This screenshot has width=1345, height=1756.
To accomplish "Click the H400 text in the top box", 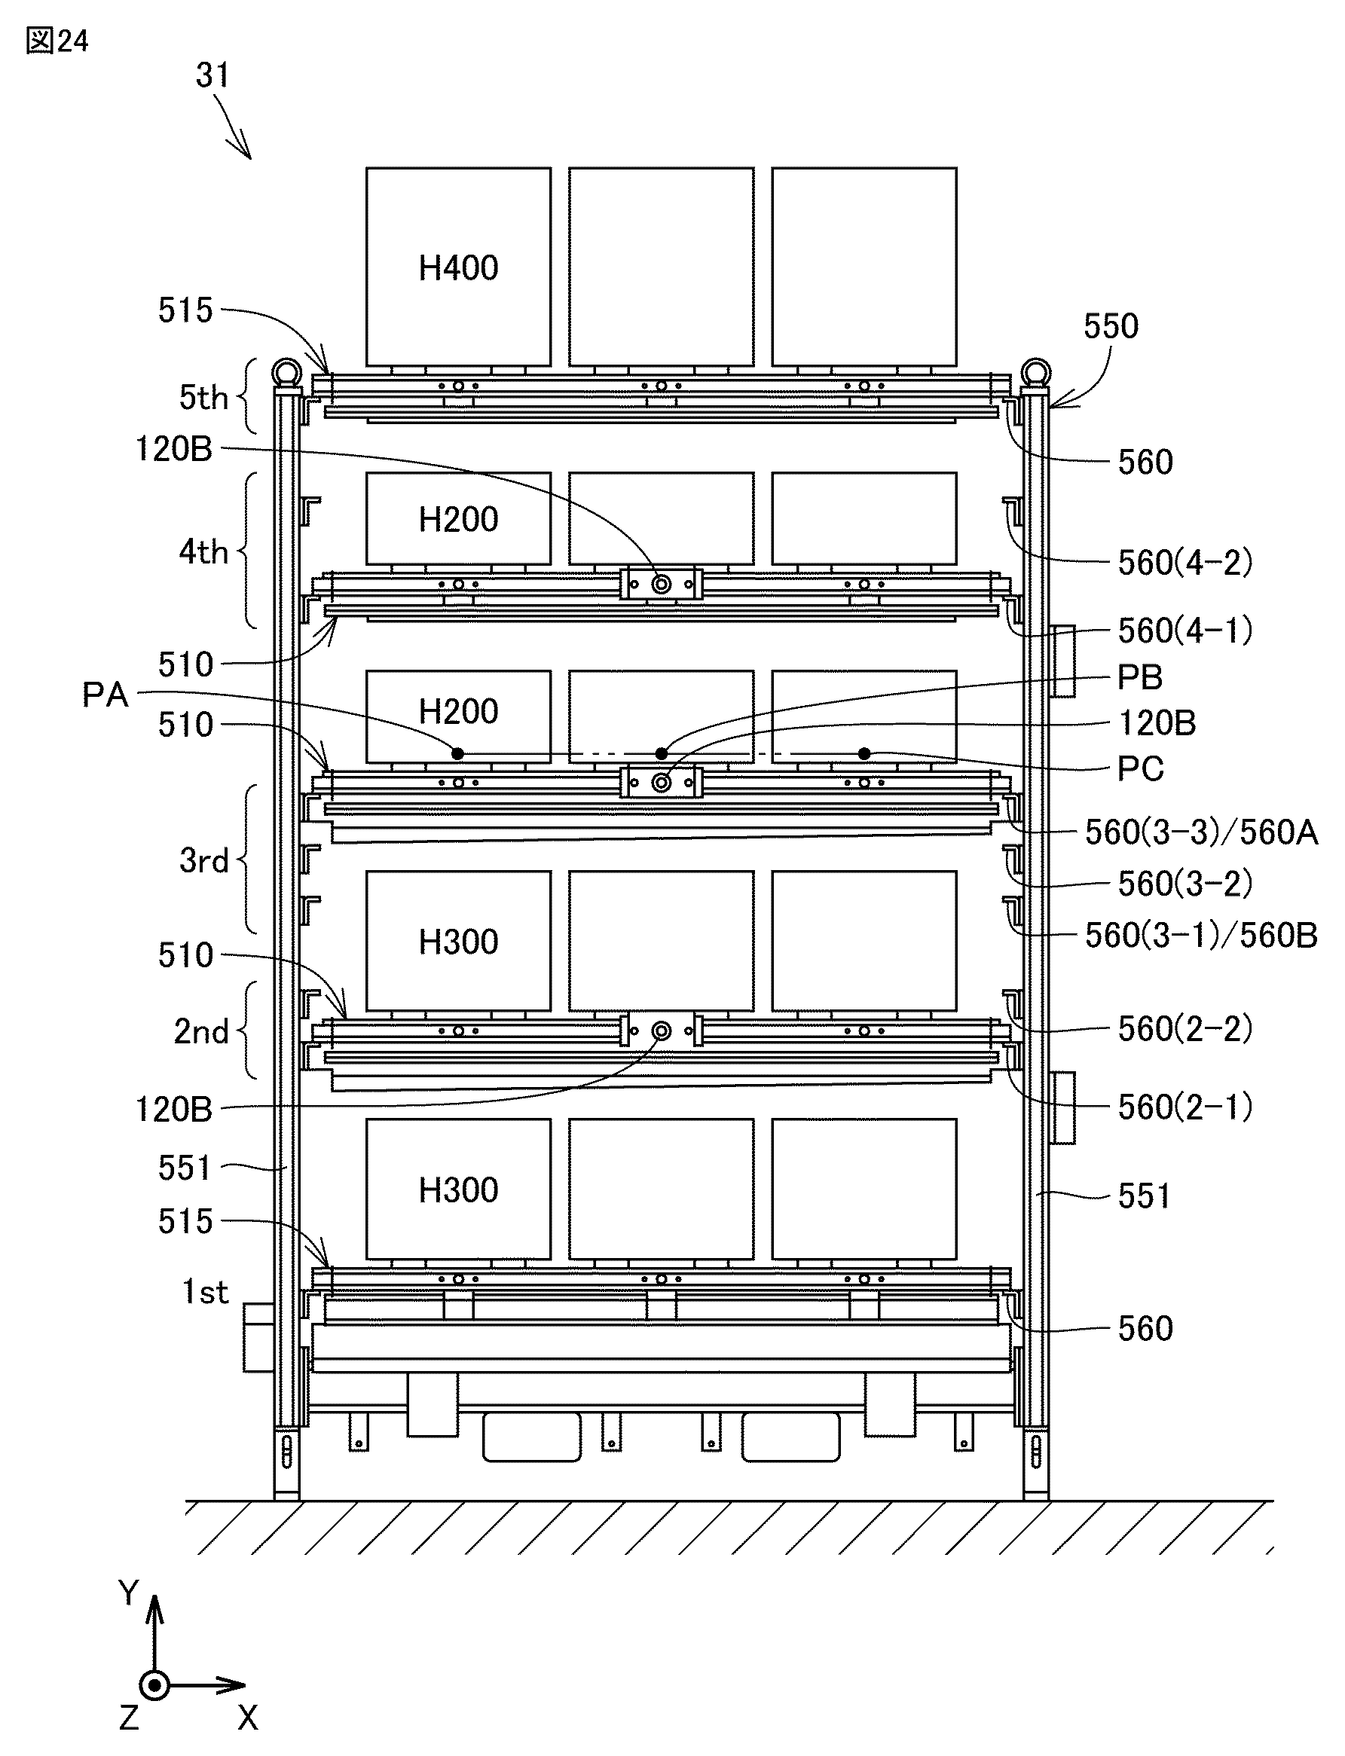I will tap(458, 268).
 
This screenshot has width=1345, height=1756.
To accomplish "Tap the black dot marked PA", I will tap(457, 753).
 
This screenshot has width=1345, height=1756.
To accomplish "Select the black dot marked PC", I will tap(864, 753).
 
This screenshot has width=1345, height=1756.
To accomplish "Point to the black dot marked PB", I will tap(662, 753).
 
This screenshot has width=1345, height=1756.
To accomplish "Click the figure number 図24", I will tap(57, 41).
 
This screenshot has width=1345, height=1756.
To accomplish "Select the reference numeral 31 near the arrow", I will tap(213, 75).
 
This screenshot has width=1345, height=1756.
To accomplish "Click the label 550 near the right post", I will tap(1111, 325).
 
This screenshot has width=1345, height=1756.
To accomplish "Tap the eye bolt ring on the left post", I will tap(286, 372).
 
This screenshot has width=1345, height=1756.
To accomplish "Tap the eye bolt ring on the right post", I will tap(1035, 372).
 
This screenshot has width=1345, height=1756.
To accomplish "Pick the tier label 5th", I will tap(203, 397).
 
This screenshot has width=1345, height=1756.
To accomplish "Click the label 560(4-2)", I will tap(1185, 563).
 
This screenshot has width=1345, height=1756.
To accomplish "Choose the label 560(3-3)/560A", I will tap(1201, 832).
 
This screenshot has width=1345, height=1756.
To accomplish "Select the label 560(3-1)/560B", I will tap(1201, 935).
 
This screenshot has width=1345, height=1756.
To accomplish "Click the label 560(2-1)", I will tap(1185, 1107).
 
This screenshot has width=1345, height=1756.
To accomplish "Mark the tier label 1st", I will tap(205, 1292).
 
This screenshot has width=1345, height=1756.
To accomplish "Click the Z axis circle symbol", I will tap(154, 1686).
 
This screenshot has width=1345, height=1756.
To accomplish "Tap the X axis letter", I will tap(247, 1718).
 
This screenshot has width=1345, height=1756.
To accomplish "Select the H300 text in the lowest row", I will tap(458, 1190).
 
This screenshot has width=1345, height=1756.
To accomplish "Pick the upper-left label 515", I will tap(185, 310).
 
